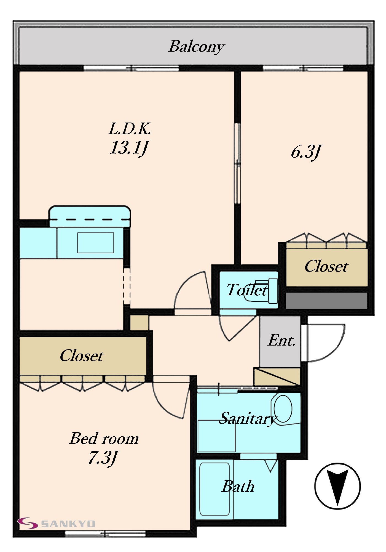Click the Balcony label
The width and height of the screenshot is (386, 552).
196,47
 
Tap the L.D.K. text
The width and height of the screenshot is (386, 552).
130,129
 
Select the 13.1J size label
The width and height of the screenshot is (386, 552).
129,148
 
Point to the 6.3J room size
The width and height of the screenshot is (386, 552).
306,152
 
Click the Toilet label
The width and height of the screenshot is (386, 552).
247,290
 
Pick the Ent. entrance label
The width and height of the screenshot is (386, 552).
282,340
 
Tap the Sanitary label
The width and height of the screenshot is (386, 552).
248,419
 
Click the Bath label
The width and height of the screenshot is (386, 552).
238,487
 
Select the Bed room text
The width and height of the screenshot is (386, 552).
104,438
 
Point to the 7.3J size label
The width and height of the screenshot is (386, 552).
103,458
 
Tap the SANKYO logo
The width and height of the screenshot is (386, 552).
57,523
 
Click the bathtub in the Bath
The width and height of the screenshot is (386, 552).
215,489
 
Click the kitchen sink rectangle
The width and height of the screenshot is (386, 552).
96,243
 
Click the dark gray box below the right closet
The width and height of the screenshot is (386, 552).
326,301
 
